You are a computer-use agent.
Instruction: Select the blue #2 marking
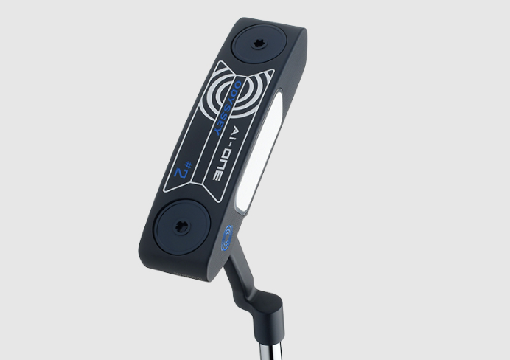point(184,170)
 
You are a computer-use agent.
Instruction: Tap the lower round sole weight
point(182,227)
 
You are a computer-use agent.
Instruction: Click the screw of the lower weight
point(181,226)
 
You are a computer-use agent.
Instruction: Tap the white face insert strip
point(258,150)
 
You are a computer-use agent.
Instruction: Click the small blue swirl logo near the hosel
point(227,238)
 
